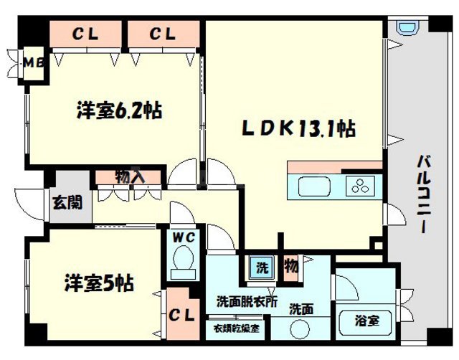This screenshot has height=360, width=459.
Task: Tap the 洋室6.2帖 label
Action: [x=118, y=111]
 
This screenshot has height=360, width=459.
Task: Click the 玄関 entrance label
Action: [x=61, y=202]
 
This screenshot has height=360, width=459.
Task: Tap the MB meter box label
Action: [x=34, y=62]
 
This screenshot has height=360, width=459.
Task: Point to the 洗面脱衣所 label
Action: [x=247, y=301]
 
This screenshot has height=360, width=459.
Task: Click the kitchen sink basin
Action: [x=313, y=188]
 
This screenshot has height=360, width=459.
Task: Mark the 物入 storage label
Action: [x=130, y=176]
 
